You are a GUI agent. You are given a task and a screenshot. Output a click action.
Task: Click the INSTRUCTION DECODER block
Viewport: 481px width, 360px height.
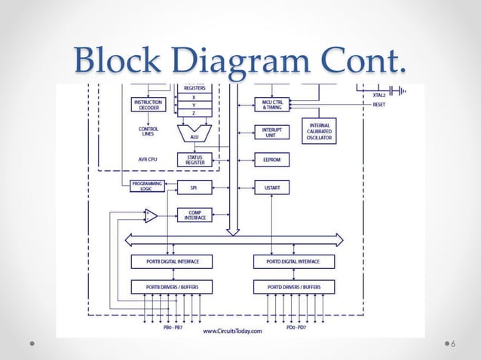click(x=148, y=105)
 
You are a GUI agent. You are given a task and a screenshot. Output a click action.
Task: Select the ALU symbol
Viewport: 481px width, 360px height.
click(x=195, y=134)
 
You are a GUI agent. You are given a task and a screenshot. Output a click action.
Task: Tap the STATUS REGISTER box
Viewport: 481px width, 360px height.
click(x=195, y=160)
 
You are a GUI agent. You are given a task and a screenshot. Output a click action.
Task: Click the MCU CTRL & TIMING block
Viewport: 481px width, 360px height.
click(x=272, y=105)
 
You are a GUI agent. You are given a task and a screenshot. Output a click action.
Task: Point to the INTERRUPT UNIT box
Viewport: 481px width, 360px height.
click(x=272, y=133)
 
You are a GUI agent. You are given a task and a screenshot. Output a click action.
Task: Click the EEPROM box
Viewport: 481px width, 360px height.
click(x=272, y=160)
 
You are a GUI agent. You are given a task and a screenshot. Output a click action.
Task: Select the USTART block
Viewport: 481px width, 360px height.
click(x=272, y=188)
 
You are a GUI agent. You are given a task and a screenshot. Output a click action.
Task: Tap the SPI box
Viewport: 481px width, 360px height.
click(x=195, y=188)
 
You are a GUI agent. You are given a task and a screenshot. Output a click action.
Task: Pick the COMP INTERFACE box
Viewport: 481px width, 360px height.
click(x=195, y=215)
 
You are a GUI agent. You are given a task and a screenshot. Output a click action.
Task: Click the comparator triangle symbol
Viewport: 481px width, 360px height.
click(x=151, y=216)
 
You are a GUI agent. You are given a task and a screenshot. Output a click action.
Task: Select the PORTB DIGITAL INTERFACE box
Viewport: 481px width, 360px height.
click(x=171, y=261)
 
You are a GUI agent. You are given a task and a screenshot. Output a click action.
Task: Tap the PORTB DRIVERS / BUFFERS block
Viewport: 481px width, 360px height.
click(x=171, y=287)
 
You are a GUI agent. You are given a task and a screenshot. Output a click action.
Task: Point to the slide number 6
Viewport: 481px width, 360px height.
click(x=452, y=344)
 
